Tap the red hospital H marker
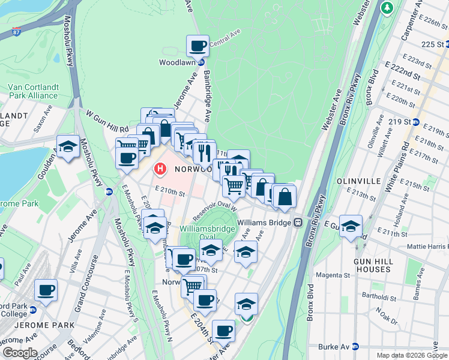point(160,169)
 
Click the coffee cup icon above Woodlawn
point(197,46)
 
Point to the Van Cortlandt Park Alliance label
point(33,91)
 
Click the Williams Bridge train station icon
point(297,222)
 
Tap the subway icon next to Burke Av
point(355,346)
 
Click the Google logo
point(19,353)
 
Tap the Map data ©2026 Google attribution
point(411,355)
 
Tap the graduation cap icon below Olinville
point(351,226)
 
